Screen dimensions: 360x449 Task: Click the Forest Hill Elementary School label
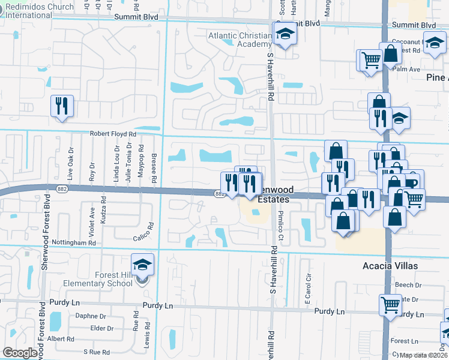point(110,280)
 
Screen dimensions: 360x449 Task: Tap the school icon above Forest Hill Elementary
point(142,264)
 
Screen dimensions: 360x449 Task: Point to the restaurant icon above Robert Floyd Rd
point(62,106)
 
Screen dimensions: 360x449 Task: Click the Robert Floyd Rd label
point(113,134)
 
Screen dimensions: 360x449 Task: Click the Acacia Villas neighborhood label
point(390,266)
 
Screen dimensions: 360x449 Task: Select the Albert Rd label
point(61,339)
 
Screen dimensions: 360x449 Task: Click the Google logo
point(20,353)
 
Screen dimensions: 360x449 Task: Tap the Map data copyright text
point(423,355)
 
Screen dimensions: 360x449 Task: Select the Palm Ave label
point(406,69)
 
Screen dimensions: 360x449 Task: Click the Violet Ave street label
point(92,220)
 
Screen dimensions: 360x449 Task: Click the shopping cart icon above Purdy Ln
point(391,304)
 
